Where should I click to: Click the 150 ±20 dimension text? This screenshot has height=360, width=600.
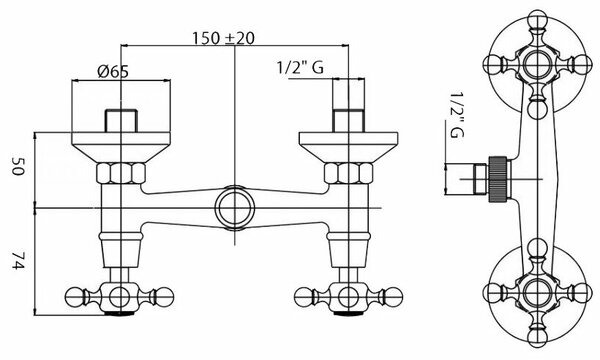[x=223, y=38]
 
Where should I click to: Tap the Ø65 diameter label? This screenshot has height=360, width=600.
[x=113, y=72]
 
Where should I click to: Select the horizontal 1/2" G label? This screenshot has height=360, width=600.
[x=300, y=67]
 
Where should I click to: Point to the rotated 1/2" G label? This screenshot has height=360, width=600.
[x=457, y=114]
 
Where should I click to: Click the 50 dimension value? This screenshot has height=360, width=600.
[x=18, y=166]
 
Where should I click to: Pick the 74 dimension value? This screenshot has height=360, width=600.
[x=18, y=261]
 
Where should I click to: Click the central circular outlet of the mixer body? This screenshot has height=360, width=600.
[x=235, y=208]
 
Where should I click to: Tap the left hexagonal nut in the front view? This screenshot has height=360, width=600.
[x=121, y=173]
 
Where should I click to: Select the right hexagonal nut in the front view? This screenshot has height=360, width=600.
[x=349, y=173]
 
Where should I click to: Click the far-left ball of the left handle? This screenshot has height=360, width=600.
[x=74, y=297]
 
